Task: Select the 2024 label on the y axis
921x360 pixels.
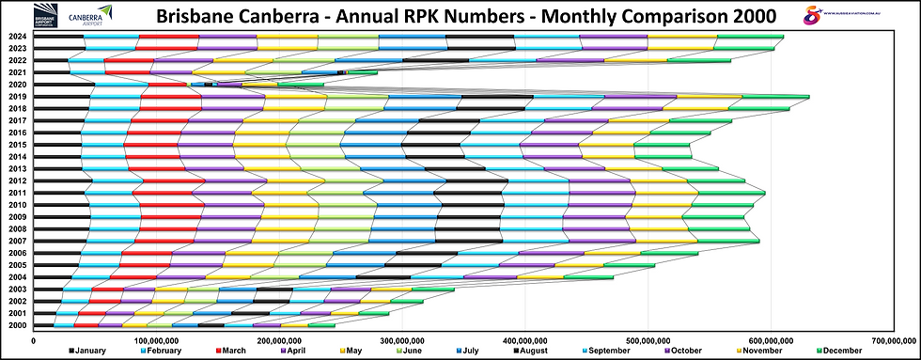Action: [17, 37]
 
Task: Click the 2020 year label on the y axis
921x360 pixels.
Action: [17, 85]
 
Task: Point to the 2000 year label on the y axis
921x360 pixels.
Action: [17, 325]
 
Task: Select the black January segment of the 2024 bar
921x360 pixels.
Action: [60, 37]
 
